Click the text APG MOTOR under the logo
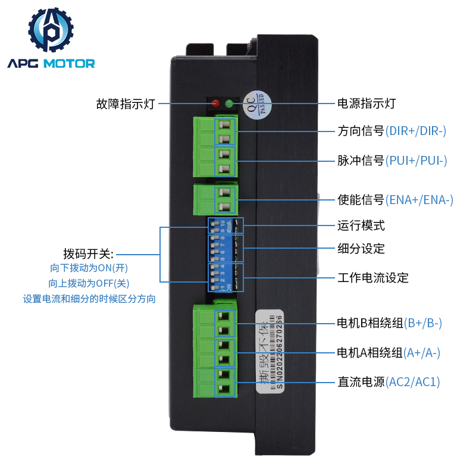(51, 63)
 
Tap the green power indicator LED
(230, 104)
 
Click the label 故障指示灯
(125, 104)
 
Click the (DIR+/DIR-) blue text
(415, 130)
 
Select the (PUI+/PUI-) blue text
(415, 160)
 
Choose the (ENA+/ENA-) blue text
(419, 200)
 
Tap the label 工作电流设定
(372, 278)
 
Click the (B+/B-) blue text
(422, 324)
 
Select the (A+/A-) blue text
(421, 353)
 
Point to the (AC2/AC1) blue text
(412, 382)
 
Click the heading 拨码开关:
(88, 252)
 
